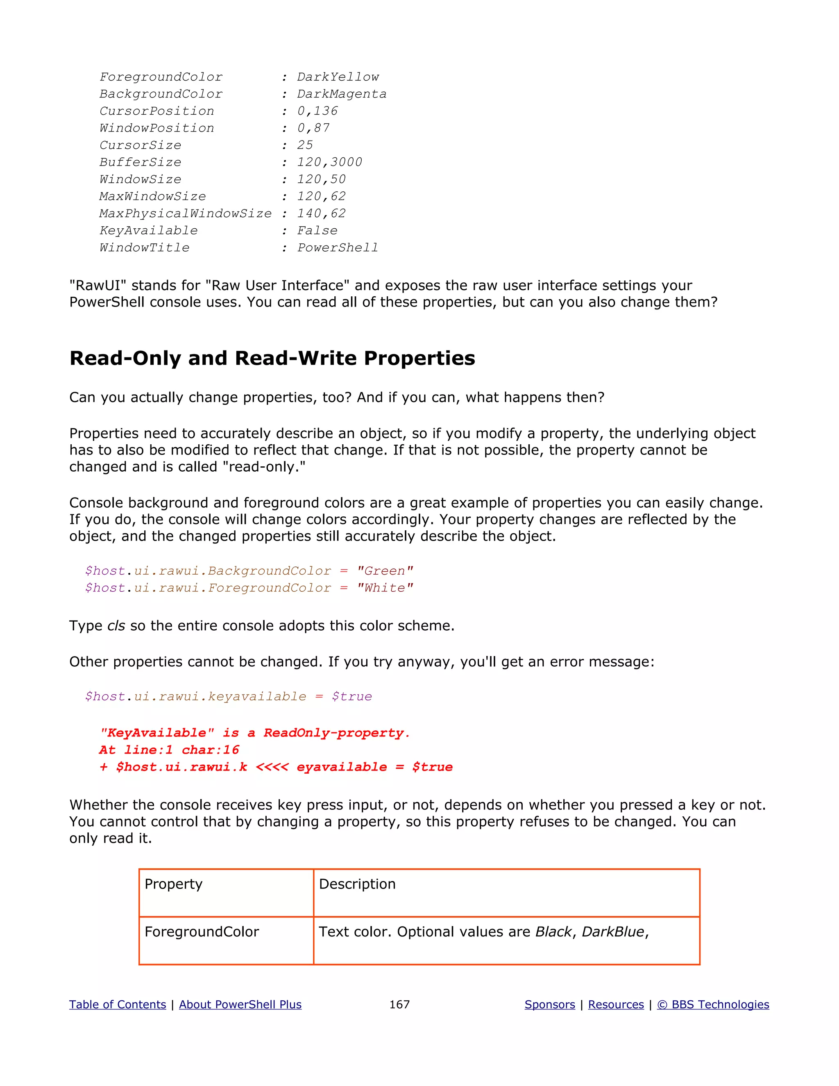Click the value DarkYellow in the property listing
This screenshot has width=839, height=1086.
pyautogui.click(x=338, y=77)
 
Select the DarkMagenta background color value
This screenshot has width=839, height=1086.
pyautogui.click(x=342, y=94)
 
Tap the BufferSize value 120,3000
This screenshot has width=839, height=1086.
pyautogui.click(x=329, y=162)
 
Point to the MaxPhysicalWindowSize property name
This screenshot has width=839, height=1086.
pyautogui.click(x=186, y=214)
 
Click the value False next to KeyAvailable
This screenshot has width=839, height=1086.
pyautogui.click(x=317, y=230)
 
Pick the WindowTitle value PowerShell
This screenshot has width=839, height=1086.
pyautogui.click(x=338, y=248)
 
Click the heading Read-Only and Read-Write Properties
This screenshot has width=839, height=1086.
pyautogui.click(x=272, y=358)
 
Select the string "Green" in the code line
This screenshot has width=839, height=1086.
pyautogui.click(x=385, y=571)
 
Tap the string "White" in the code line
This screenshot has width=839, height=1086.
pyautogui.click(x=385, y=588)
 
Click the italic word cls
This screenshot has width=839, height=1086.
pyautogui.click(x=116, y=625)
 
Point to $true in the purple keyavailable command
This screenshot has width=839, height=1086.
pyautogui.click(x=351, y=696)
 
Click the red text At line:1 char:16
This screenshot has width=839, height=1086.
pyautogui.click(x=169, y=750)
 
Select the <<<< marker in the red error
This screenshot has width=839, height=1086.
pyautogui.click(x=272, y=767)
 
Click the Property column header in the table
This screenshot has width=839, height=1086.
pyautogui.click(x=173, y=884)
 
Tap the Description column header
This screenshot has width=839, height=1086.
pyautogui.click(x=357, y=884)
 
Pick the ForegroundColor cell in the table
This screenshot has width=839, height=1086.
pyautogui.click(x=202, y=932)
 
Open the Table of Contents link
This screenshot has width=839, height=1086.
pyautogui.click(x=117, y=1004)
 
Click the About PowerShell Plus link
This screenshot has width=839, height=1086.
pyautogui.click(x=240, y=1004)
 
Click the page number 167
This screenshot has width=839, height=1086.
pyautogui.click(x=399, y=1004)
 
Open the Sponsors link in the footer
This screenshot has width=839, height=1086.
pyautogui.click(x=550, y=1004)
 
